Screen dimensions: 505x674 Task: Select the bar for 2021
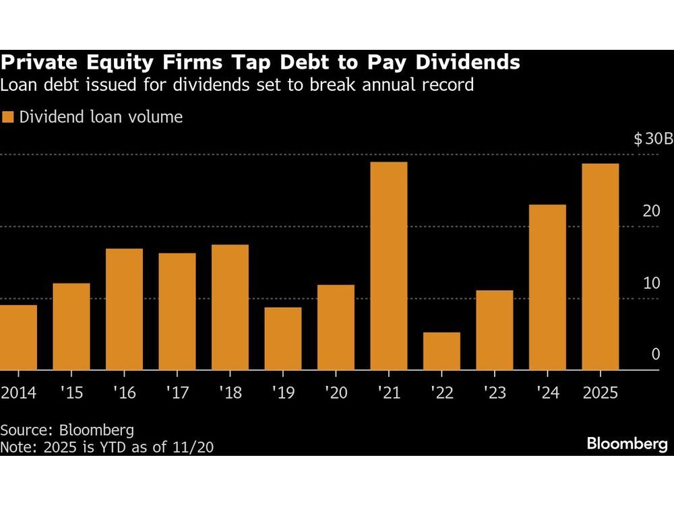point(389,266)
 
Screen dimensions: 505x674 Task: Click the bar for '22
point(441,351)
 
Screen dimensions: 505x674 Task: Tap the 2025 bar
point(600,267)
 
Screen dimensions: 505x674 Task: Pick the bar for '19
point(283,339)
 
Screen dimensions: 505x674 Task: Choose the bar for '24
point(547,287)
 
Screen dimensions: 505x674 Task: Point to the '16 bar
point(125,309)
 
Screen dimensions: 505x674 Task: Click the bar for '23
point(494,330)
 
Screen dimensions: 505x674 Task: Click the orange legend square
point(8,117)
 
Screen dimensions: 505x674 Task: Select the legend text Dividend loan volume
point(101,117)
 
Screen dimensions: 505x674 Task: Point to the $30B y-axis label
point(652,140)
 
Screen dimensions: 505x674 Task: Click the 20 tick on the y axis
point(651,211)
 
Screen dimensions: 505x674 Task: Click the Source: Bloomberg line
point(67,430)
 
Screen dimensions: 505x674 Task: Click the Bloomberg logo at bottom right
point(627,444)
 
